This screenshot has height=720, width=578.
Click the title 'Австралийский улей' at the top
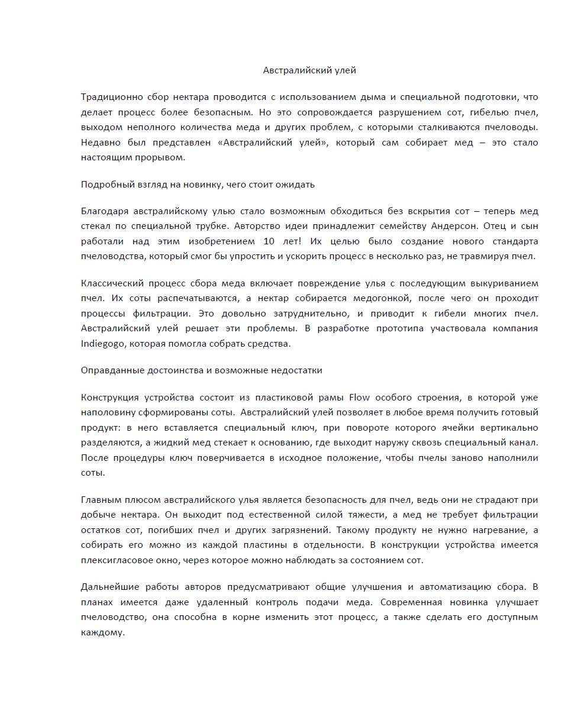309,70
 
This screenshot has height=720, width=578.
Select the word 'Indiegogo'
102,343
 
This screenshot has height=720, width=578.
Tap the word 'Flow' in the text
360,397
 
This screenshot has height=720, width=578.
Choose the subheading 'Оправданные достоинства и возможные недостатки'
201,370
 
